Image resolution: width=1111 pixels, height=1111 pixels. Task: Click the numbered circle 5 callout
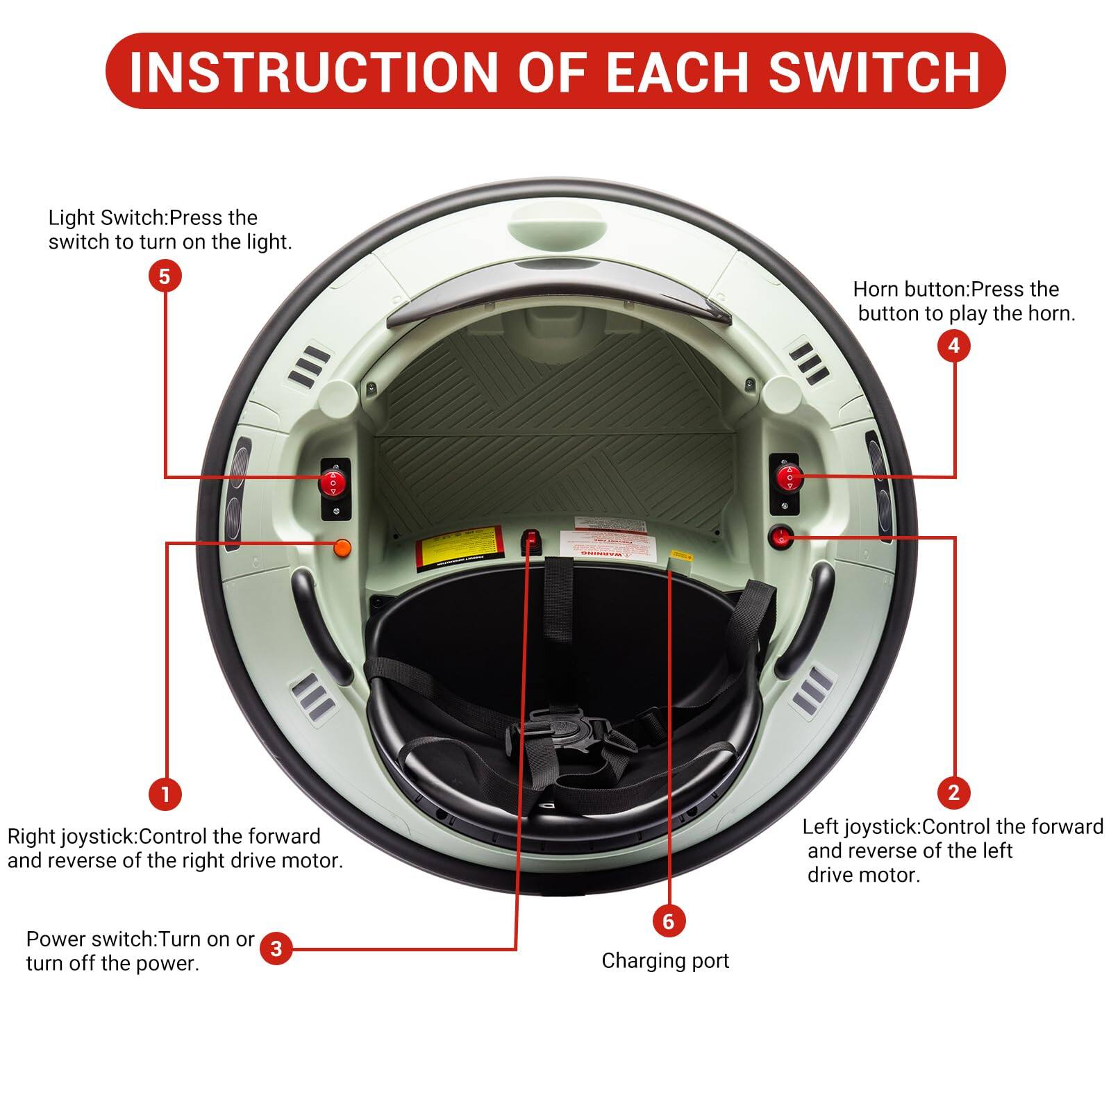point(165,276)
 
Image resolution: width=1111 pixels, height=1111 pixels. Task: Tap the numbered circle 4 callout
point(953,345)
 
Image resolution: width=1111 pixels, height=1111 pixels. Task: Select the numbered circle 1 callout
point(165,793)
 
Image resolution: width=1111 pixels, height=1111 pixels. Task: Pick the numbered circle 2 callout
point(953,792)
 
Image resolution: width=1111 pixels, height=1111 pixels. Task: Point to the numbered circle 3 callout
point(276,949)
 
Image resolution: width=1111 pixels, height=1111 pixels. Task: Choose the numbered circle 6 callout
point(669,921)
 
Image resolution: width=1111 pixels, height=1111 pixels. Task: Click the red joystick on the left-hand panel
point(333,481)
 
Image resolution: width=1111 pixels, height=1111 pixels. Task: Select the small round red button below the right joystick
point(780,536)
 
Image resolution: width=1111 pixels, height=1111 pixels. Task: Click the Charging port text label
point(665,961)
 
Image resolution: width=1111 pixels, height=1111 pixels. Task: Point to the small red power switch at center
point(532,541)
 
